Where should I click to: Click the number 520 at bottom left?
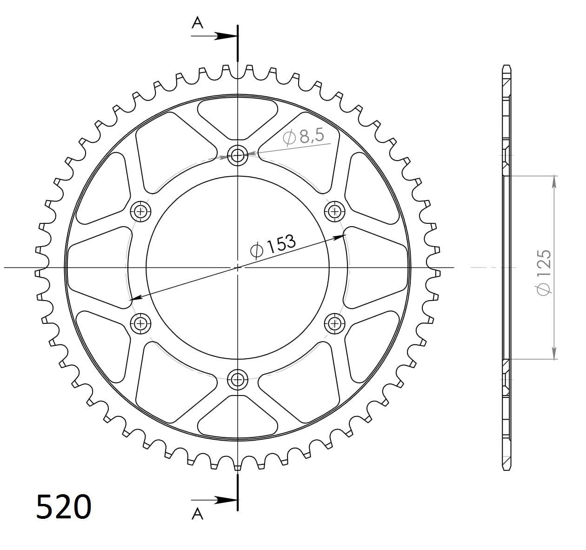click(64, 507)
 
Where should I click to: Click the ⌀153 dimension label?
click(273, 245)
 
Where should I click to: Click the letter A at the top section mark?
click(198, 23)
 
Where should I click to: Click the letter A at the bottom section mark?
click(198, 514)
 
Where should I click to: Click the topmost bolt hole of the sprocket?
click(238, 155)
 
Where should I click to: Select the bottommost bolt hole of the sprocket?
click(238, 379)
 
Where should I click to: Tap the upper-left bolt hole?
click(140, 212)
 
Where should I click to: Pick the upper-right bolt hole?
click(334, 212)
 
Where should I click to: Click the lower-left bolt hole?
click(140, 323)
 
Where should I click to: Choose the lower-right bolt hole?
click(334, 323)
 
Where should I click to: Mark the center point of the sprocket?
click(238, 268)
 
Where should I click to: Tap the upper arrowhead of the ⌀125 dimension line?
click(554, 181)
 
